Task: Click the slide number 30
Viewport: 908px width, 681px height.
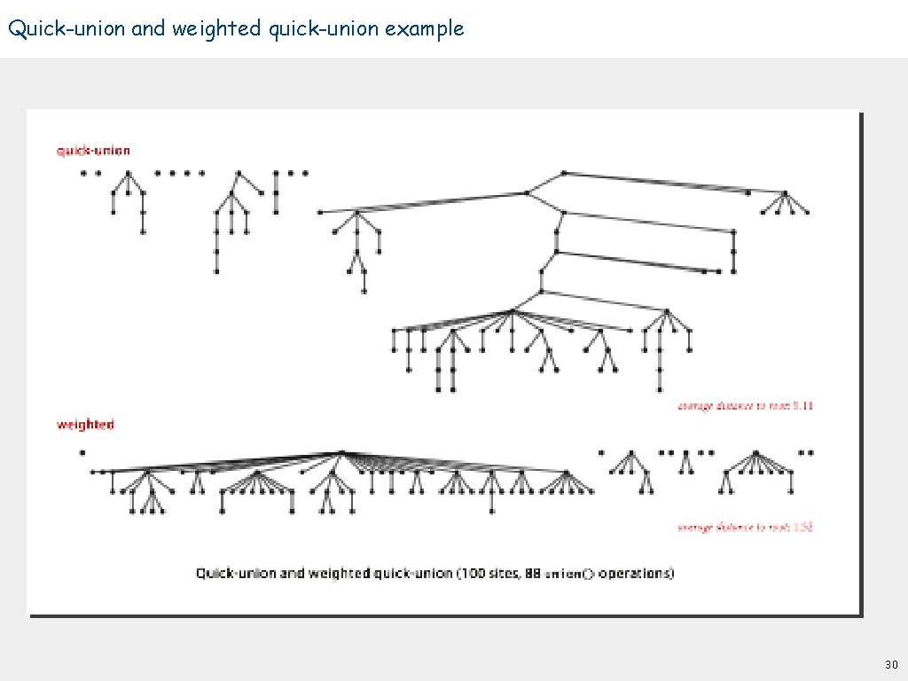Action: coord(891,664)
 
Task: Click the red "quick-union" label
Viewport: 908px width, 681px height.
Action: coord(93,151)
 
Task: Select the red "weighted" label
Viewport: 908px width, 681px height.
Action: coord(85,425)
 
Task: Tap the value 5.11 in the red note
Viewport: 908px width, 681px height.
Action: coord(802,405)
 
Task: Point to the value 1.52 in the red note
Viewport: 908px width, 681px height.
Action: coord(802,527)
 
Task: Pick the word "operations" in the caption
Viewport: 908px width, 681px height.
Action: coord(636,573)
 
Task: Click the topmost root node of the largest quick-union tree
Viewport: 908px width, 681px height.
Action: coord(564,173)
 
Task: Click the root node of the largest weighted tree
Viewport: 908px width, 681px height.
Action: coord(341,453)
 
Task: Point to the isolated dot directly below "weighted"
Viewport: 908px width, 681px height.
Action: coord(82,453)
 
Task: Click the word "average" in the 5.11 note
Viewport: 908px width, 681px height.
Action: coord(696,405)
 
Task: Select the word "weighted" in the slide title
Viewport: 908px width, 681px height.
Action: coord(216,28)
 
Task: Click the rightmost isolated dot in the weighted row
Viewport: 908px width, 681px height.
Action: coord(811,452)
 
